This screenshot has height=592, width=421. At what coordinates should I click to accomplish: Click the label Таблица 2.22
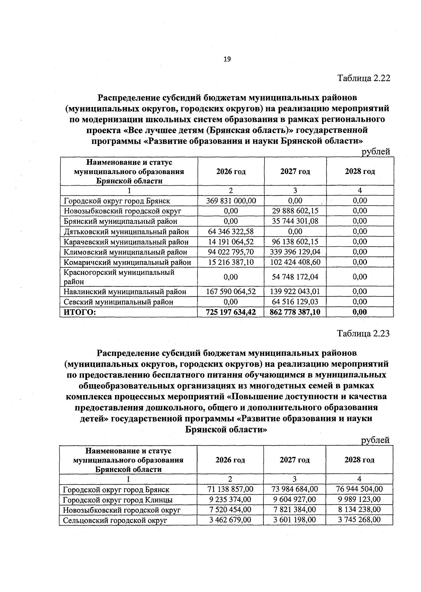(x=363, y=78)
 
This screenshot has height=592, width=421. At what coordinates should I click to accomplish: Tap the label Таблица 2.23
(x=363, y=333)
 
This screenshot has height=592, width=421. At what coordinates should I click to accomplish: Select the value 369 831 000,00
(x=231, y=201)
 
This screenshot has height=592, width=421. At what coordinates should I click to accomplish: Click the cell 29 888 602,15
(x=295, y=211)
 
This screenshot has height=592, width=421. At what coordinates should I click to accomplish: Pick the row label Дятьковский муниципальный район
(x=126, y=232)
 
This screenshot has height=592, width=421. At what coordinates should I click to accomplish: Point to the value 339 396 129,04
(x=295, y=252)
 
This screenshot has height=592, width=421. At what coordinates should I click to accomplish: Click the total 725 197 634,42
(x=231, y=312)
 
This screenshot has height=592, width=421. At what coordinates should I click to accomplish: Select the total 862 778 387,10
(x=295, y=312)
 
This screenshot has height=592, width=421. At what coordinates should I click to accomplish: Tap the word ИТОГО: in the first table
(x=80, y=312)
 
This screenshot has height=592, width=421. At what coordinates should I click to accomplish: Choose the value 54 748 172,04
(x=295, y=277)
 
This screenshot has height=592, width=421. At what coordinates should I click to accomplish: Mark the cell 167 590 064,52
(x=231, y=292)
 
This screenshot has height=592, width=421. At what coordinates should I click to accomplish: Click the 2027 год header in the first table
(x=295, y=172)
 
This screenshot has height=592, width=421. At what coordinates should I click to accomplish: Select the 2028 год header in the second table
(x=359, y=460)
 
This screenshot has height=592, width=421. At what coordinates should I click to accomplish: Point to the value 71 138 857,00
(x=230, y=489)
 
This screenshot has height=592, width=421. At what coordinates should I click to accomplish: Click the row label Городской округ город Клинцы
(x=118, y=500)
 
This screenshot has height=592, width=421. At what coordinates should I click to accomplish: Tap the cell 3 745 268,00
(x=359, y=520)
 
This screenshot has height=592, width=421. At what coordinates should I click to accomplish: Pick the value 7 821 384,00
(x=294, y=510)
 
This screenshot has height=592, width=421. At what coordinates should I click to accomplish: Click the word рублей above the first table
(x=376, y=152)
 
